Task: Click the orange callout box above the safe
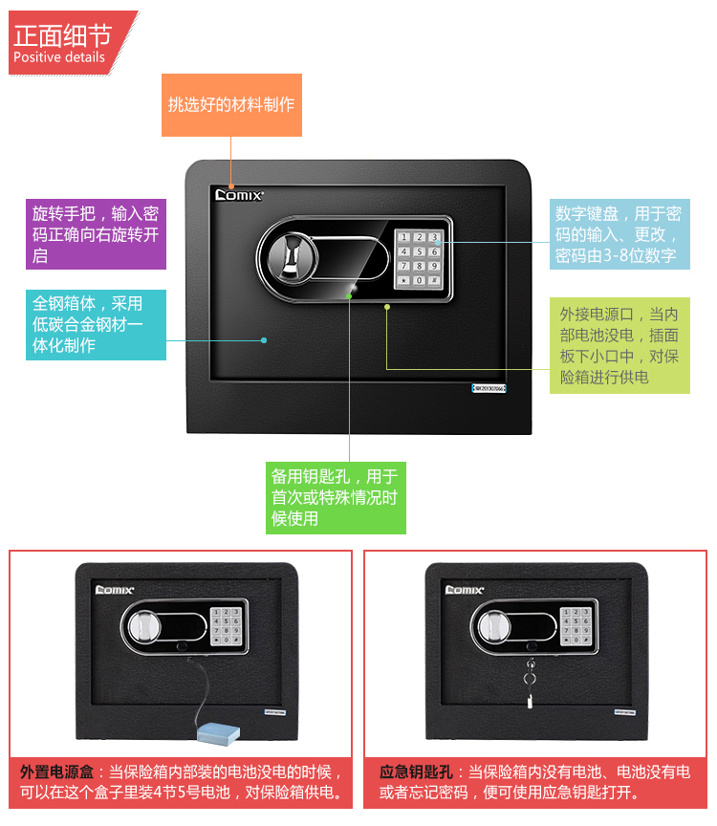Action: coord(231,105)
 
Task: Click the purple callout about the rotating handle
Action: coord(95,234)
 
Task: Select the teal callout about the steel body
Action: coord(95,325)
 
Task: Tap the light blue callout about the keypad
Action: coord(619,234)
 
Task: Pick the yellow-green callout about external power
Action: coord(619,345)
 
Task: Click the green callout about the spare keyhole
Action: coord(335,497)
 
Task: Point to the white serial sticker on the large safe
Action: coord(489,389)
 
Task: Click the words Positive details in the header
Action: coord(59,57)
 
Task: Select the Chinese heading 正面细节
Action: coord(63,35)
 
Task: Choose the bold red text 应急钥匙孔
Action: coord(417,772)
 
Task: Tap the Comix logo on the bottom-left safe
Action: coord(116,590)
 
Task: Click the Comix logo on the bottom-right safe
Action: coord(466,590)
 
